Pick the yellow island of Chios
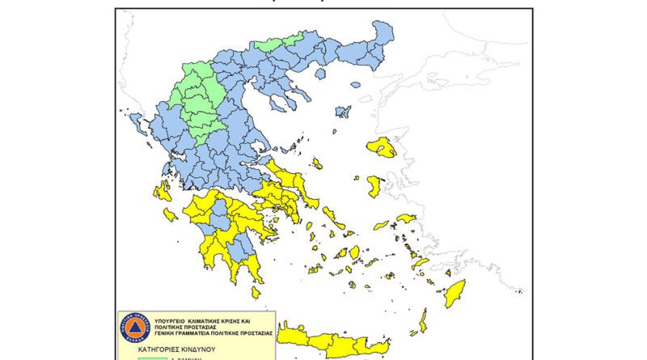pos(374,186)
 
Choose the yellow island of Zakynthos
pos(170,214)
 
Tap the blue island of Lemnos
pos(343,111)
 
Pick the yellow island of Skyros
pos(317,163)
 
